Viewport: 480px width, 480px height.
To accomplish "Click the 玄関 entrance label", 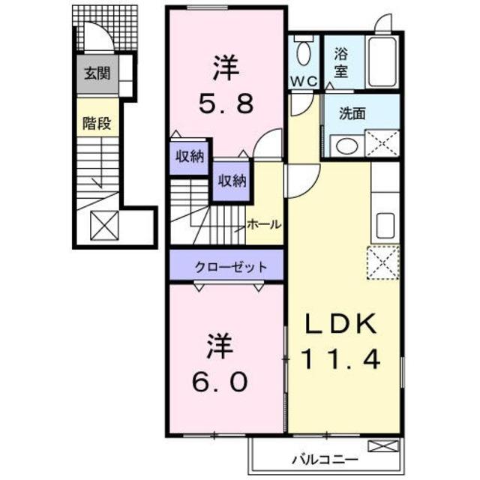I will click(96, 74).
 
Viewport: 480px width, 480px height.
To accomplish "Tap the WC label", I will click(304, 80).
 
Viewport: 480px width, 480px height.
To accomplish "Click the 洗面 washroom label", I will click(352, 115).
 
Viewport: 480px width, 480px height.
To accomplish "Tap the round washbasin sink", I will click(346, 145).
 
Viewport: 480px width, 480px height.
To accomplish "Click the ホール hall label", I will click(264, 224).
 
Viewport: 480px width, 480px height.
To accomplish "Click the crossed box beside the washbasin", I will click(383, 142).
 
